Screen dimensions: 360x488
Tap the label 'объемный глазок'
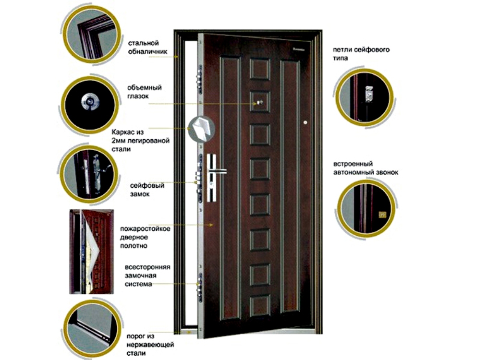pyautogui.click(x=144, y=92)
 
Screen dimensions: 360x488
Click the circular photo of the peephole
pyautogui.click(x=90, y=102)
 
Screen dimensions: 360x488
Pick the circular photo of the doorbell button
pyautogui.click(x=367, y=208)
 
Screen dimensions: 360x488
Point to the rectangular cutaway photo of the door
pyautogui.click(x=91, y=252)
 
